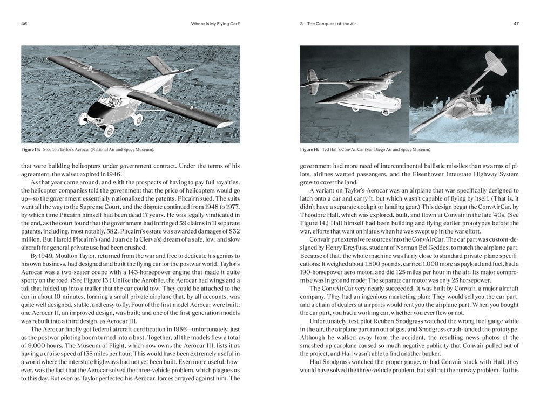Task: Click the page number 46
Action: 24,24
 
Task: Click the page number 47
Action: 516,24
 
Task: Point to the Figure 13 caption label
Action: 31,149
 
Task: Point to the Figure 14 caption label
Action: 310,149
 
